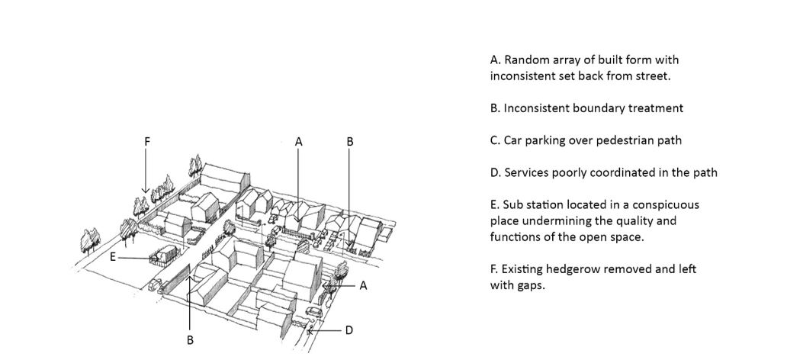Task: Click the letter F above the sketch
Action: click(x=147, y=142)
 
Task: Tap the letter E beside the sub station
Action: click(x=112, y=257)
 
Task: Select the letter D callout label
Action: click(x=349, y=330)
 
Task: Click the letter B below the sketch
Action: click(x=190, y=340)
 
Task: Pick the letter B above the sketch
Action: click(x=350, y=142)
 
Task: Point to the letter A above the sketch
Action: click(x=299, y=142)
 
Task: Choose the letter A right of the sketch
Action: click(x=364, y=286)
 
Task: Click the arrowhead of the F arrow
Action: click(x=146, y=190)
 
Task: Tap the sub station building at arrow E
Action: click(x=168, y=254)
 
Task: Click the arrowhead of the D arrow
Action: click(x=310, y=331)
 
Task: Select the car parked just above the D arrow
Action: click(x=313, y=312)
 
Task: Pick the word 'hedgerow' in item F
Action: click(x=573, y=268)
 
